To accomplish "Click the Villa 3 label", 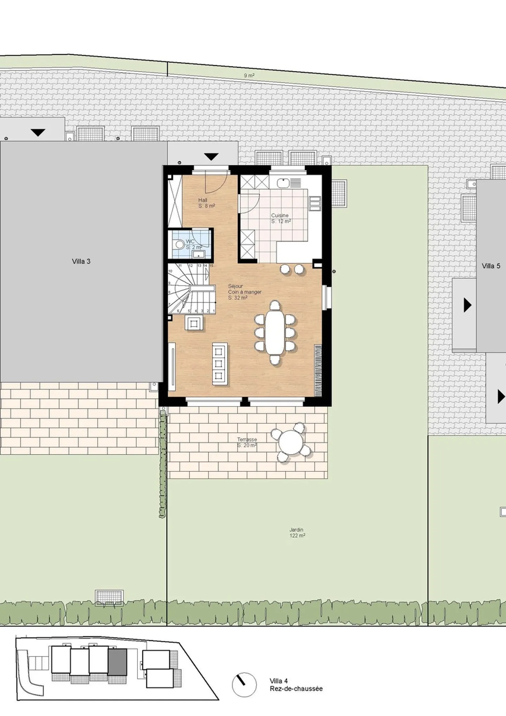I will point(81,262).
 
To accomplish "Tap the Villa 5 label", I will point(491,266).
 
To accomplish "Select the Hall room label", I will point(206,203).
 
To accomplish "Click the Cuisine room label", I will point(280,218).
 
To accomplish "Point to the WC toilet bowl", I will point(180,244).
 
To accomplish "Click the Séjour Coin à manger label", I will point(244,292).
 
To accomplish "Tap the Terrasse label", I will point(247,442).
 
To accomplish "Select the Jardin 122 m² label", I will point(297,533).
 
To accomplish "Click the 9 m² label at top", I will point(249,76).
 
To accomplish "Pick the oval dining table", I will point(275,333).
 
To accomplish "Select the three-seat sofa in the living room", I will point(220,363).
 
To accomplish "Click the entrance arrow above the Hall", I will point(211,157).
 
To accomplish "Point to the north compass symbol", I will point(244,684).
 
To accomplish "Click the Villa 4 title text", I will point(279,681).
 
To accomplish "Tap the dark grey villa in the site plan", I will point(117,662).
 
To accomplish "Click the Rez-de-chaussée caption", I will point(296,689).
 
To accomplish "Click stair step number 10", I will point(170,271).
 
